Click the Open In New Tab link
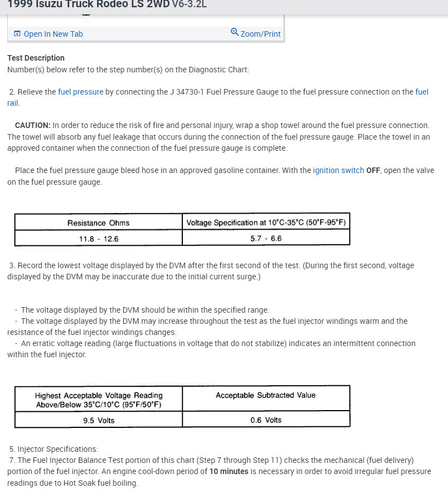point(53,34)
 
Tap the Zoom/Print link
point(260,34)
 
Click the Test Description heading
point(36,58)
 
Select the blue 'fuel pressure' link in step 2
point(81,92)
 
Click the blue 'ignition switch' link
point(338,170)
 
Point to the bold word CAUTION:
point(33,125)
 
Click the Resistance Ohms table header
point(98,223)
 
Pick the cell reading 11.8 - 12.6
point(98,239)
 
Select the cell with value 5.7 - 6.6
point(266,238)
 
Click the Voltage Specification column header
point(266,223)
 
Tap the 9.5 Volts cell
point(98,420)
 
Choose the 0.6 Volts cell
point(266,420)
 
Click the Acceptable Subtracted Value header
point(266,395)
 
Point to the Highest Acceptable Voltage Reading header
point(98,400)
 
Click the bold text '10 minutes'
point(228,471)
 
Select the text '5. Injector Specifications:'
point(53,449)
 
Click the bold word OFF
point(373,170)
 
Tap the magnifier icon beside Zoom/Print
point(235,32)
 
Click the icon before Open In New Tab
point(17,34)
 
